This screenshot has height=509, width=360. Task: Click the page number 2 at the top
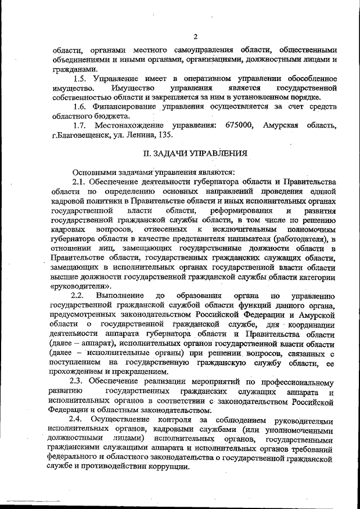194,37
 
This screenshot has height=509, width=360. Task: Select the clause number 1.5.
82,78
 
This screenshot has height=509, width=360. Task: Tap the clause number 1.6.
82,107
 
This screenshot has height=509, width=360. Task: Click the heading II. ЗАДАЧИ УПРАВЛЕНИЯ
193,153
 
